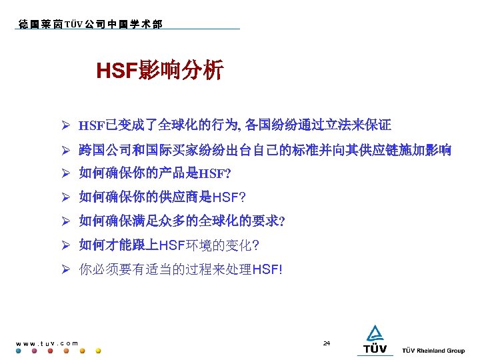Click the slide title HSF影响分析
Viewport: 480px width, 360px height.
(160, 70)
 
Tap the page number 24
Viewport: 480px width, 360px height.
(326, 343)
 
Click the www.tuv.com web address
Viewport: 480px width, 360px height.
(46, 343)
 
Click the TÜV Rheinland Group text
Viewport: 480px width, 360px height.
(433, 351)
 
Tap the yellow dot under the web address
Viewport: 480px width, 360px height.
(98, 351)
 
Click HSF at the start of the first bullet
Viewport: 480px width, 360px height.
(91, 125)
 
